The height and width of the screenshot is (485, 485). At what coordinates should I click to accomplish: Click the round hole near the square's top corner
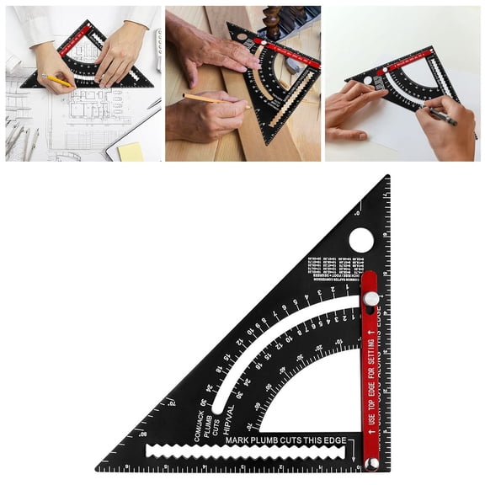(361, 240)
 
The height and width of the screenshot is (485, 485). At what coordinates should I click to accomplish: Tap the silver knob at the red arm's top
(370, 298)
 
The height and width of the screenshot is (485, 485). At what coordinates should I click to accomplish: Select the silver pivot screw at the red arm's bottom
(371, 463)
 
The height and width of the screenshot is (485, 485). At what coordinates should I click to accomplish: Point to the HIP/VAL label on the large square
(230, 414)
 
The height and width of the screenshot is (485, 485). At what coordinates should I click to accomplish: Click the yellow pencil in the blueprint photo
(57, 80)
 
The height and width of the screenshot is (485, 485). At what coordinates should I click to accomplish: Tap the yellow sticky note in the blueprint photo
(131, 151)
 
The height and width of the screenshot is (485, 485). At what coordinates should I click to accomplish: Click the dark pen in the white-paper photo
(443, 117)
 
